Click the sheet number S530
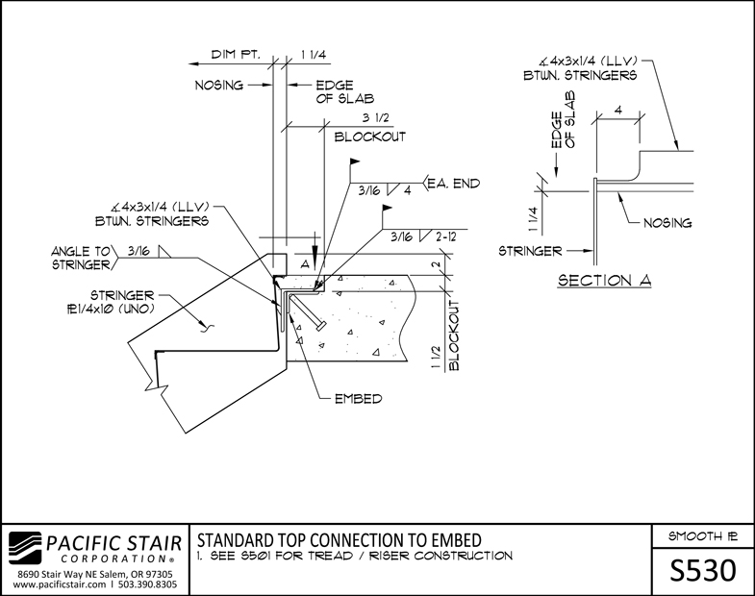[702, 571]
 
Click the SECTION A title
[604, 280]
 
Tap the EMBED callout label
[358, 399]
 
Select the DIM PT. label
[236, 55]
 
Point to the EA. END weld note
[454, 184]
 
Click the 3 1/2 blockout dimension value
[375, 117]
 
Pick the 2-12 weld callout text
[444, 236]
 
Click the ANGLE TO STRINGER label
[82, 258]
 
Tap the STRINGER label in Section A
[530, 251]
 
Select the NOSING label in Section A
[667, 223]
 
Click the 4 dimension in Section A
[618, 111]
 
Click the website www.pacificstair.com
[60, 584]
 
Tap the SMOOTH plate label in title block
[702, 536]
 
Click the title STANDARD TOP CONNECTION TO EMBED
[340, 540]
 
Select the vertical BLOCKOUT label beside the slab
[454, 335]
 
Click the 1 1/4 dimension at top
[314, 55]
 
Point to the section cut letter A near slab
[305, 264]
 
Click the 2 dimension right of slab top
[436, 264]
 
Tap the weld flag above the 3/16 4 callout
[355, 161]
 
